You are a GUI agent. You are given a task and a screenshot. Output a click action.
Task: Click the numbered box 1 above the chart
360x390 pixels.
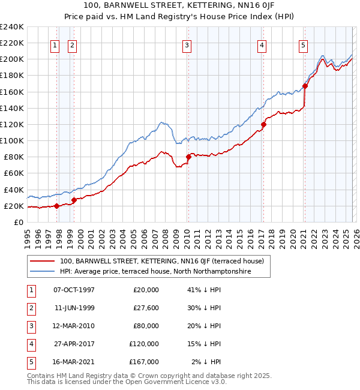click(55, 44)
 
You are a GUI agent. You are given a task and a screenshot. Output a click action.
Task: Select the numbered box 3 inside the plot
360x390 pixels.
click(187, 44)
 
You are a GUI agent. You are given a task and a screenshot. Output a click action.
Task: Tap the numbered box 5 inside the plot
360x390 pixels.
click(304, 44)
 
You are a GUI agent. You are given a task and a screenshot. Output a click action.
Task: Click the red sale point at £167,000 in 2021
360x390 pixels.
click(305, 86)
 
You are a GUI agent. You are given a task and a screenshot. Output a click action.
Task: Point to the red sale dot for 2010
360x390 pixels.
click(188, 157)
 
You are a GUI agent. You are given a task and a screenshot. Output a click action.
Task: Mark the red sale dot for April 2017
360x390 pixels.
click(263, 124)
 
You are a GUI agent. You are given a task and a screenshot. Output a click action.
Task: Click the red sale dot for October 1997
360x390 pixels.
click(56, 206)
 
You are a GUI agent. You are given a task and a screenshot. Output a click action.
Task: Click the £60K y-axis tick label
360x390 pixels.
click(14, 173)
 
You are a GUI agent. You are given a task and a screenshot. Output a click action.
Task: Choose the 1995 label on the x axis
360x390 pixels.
click(28, 234)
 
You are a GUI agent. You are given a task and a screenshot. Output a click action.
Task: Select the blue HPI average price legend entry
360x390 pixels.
click(155, 272)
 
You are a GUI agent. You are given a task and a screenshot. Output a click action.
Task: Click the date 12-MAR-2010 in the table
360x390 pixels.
click(74, 326)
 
